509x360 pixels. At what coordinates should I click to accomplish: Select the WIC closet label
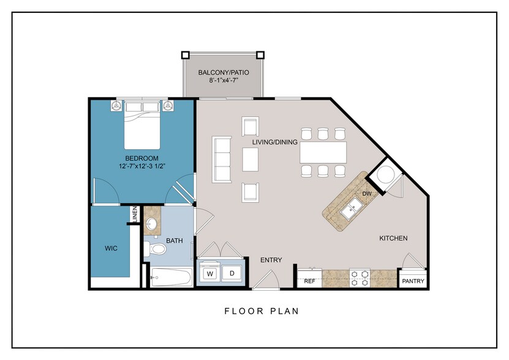click(x=111, y=248)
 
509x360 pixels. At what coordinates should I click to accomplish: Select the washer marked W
click(x=209, y=272)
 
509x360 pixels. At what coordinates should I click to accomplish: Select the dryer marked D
click(x=232, y=272)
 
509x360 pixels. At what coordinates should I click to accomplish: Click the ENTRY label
click(x=271, y=260)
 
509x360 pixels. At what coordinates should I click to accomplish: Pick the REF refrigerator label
click(x=309, y=281)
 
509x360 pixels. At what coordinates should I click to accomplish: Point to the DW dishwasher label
click(x=367, y=193)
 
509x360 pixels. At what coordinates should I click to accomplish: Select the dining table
click(x=323, y=152)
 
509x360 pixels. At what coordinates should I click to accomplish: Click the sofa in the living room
click(x=221, y=159)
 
